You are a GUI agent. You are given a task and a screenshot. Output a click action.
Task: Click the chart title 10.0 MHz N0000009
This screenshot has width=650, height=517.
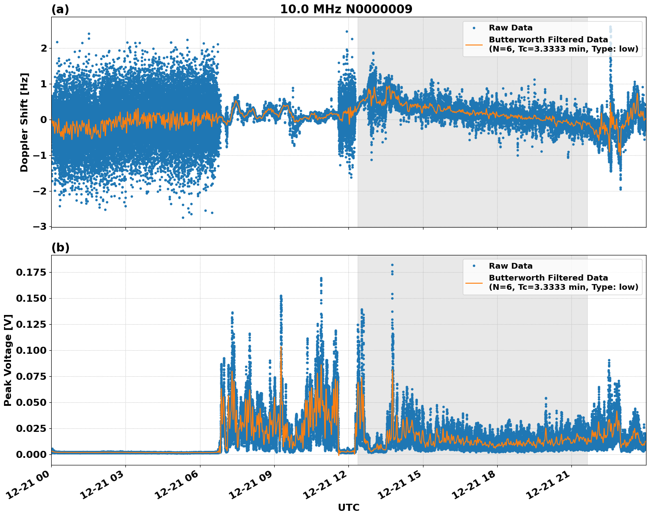[x=346, y=9]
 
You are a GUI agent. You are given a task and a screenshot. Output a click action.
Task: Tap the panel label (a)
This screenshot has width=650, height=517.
[x=60, y=9]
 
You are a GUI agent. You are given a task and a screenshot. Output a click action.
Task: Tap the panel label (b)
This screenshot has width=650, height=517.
[x=60, y=247]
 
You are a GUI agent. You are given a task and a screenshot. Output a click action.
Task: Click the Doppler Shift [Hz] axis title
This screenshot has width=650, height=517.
[x=24, y=122]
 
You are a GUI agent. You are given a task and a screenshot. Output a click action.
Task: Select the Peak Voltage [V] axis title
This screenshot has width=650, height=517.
[x=8, y=360]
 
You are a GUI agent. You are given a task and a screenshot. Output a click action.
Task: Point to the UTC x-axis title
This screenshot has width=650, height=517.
[x=348, y=507]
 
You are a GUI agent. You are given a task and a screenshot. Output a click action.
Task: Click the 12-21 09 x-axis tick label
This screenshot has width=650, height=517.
[x=252, y=488]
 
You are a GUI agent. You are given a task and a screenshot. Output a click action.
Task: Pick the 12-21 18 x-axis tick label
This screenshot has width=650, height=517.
[x=475, y=488]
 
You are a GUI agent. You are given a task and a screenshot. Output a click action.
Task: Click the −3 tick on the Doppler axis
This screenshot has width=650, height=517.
[x=42, y=227]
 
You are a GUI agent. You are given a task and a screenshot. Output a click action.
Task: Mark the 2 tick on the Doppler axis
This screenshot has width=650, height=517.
[x=44, y=48]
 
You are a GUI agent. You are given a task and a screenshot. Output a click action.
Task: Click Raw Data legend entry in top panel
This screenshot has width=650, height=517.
[x=510, y=28]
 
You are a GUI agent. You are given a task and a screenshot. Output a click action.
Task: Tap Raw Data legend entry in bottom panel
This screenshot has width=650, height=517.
[x=510, y=266]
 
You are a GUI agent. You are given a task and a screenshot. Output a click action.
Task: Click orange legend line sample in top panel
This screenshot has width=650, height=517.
[x=474, y=44]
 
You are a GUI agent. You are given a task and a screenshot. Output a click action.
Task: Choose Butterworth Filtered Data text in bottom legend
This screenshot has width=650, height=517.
[x=548, y=278]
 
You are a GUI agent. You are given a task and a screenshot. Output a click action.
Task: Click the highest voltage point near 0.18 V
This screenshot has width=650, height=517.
[x=392, y=265]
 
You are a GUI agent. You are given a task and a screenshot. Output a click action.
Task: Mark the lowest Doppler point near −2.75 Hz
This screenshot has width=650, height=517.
[x=183, y=217]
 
